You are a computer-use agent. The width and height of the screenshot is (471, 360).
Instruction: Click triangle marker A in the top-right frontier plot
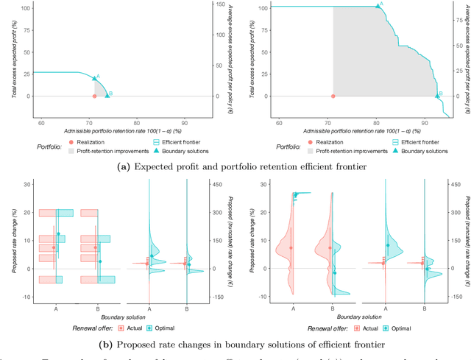pyautogui.click(x=378, y=6)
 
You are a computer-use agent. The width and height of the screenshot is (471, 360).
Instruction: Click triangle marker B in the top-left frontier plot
pyautogui.click(x=107, y=96)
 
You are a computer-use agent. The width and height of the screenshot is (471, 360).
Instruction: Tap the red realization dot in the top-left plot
pyautogui.click(x=94, y=96)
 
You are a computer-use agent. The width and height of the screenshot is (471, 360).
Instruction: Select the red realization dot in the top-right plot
pyautogui.click(x=333, y=96)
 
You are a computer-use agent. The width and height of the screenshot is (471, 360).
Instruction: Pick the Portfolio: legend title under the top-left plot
pyautogui.click(x=52, y=145)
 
